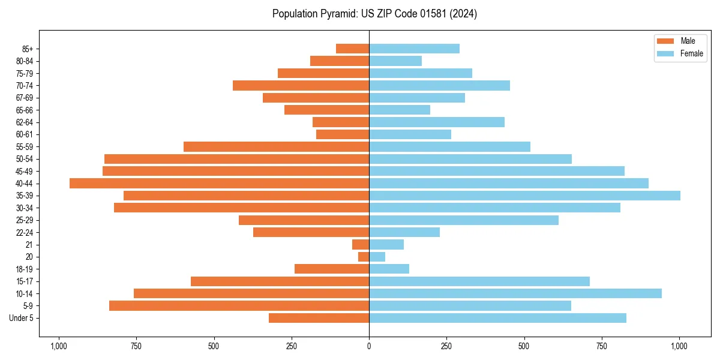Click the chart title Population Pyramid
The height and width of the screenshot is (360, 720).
[374, 14]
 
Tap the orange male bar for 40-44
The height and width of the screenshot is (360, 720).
[219, 183]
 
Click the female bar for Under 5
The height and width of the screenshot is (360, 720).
[497, 318]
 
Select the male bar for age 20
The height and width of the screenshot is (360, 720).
[364, 257]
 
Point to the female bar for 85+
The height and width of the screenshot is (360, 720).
[414, 49]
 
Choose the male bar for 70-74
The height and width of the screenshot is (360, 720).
[301, 85]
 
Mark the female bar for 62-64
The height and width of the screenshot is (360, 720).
[436, 122]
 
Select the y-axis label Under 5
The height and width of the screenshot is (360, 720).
[21, 318]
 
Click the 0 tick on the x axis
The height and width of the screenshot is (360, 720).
[369, 346]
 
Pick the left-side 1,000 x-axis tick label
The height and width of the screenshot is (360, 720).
[59, 346]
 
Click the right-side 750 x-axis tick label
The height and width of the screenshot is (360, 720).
[602, 346]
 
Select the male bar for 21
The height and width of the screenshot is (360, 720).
[361, 244]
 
